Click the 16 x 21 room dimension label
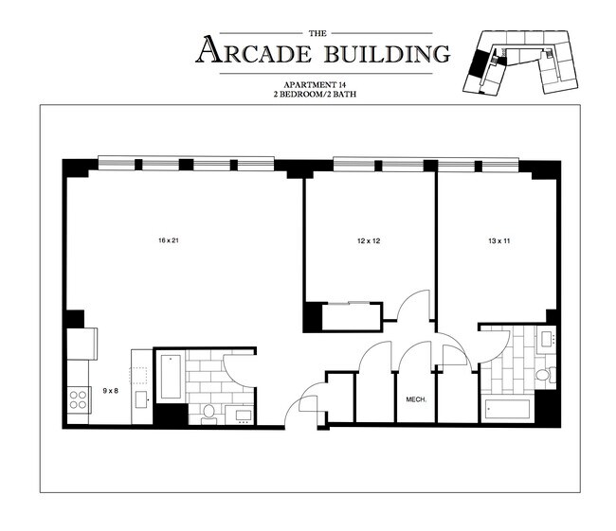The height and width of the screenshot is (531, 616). (169, 240)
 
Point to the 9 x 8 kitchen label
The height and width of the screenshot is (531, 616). (110, 390)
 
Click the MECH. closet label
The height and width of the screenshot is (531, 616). (416, 399)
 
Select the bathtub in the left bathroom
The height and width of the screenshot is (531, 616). (172, 376)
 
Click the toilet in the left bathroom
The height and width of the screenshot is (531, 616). (209, 411)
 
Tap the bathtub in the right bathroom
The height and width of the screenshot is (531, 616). (508, 411)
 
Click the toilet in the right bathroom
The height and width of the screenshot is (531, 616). (543, 375)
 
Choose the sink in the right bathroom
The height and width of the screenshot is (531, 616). (547, 339)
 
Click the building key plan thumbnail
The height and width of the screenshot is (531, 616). (521, 61)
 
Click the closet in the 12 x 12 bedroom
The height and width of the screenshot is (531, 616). (352, 316)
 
